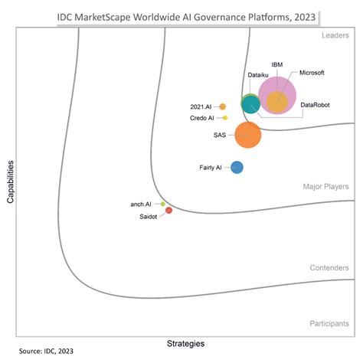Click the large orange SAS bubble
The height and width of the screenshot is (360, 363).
[247, 135]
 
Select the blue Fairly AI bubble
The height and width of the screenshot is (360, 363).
[237, 167]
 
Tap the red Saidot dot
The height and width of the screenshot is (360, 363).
[168, 210]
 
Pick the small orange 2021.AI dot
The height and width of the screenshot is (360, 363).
[223, 106]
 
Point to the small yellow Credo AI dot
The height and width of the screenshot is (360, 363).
[224, 118]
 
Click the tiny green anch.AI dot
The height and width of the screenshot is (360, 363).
[162, 204]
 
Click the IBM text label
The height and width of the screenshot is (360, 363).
[278, 64]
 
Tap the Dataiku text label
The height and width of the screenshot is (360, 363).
[258, 74]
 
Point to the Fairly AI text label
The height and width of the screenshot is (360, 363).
[210, 167]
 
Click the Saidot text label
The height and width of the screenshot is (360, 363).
[149, 216]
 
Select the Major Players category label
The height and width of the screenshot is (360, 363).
[325, 186]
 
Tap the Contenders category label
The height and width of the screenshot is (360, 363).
[329, 268]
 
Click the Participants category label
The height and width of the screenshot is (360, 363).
[329, 324]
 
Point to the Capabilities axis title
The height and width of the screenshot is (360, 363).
[10, 181]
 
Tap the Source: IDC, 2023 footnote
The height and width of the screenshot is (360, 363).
[47, 352]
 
